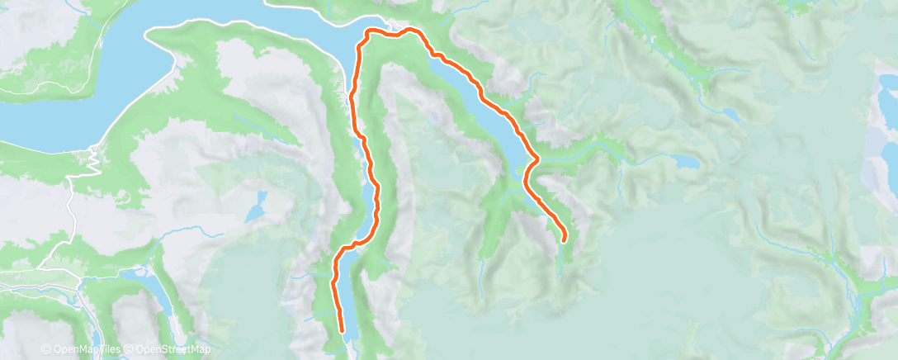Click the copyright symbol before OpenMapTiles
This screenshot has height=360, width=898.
point(45,349)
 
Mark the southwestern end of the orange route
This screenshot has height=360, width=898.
point(342,330)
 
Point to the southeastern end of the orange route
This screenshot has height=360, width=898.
point(565,239)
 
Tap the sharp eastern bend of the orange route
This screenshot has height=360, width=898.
point(537,157)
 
